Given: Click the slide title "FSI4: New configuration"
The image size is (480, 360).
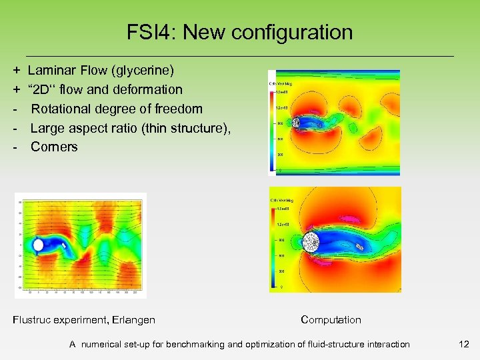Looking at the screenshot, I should [x=239, y=32].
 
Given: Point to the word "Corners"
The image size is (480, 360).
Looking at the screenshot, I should [x=54, y=147].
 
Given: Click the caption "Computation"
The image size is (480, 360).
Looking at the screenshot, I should [x=331, y=320].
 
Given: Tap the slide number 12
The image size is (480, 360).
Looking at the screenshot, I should [x=464, y=344].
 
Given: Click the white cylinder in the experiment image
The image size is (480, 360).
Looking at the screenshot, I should [x=39, y=245].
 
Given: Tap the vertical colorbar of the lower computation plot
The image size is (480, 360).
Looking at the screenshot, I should [x=273, y=247].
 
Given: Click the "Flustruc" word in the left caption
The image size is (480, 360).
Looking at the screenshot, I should [x=31, y=320].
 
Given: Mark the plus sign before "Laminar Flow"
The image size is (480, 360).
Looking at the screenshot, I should [x=16, y=70].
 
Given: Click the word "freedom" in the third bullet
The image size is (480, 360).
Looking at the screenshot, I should [x=180, y=109].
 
